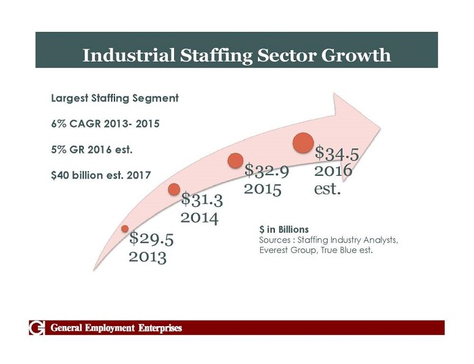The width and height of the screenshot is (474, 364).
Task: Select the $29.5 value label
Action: (x=151, y=238)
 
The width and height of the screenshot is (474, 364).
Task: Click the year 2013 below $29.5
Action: (x=148, y=256)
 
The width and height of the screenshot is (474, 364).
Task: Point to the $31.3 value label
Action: (x=202, y=200)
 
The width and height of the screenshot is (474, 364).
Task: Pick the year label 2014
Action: (x=199, y=218)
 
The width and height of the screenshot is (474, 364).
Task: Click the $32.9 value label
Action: (x=267, y=170)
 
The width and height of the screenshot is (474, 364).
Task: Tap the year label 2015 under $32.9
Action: (x=263, y=188)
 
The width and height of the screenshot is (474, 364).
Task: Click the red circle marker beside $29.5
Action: (x=125, y=229)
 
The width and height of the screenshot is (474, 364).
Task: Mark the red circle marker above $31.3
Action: (x=174, y=190)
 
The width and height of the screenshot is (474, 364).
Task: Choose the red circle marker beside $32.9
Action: (x=236, y=160)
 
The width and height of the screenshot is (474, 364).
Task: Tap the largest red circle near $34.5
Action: (x=303, y=143)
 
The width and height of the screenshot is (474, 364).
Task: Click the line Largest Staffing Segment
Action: (x=115, y=98)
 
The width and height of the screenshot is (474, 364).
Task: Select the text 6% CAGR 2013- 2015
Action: (x=106, y=124)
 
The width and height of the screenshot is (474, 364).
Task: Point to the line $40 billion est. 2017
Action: (x=101, y=175)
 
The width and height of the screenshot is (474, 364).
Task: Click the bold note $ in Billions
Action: (x=284, y=230)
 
